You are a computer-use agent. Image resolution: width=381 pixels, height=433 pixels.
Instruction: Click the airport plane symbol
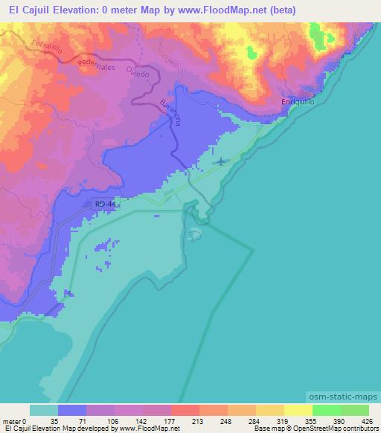tap(222, 161)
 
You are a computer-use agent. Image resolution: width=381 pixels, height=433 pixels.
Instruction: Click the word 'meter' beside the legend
tap(12, 421)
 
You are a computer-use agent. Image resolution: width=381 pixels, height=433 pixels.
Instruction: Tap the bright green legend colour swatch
tap(327, 410)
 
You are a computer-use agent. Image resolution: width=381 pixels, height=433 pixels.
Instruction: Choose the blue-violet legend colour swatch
tap(72, 410)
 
